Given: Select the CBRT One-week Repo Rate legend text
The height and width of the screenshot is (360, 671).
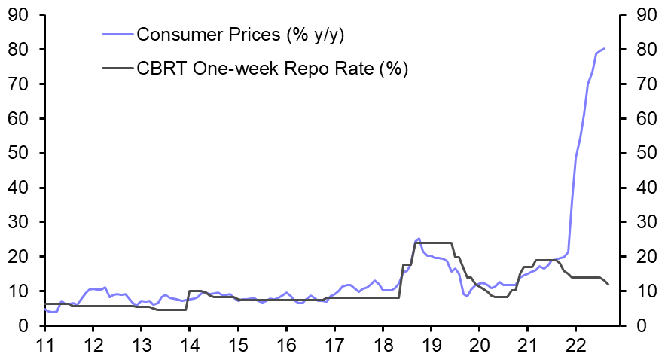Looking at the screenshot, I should [272, 69].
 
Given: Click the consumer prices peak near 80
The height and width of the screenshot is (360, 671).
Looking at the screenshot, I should [604, 49].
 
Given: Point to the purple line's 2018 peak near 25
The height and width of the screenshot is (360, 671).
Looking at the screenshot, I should [419, 238].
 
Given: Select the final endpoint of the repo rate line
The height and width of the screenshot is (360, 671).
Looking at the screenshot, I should [608, 284].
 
